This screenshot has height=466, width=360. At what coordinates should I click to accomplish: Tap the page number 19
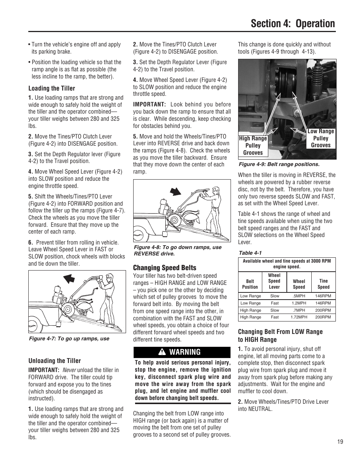(340, 442)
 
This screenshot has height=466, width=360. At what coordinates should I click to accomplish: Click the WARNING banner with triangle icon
(182, 352)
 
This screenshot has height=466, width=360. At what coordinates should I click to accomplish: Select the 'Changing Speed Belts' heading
(165, 268)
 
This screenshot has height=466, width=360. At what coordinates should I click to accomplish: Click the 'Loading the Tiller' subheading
(52, 88)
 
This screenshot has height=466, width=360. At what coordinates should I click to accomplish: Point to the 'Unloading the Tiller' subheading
(54, 361)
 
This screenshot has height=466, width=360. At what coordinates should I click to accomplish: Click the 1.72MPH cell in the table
(299, 317)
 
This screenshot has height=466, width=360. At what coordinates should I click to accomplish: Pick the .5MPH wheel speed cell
(299, 296)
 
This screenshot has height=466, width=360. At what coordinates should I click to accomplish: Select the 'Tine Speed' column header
(323, 284)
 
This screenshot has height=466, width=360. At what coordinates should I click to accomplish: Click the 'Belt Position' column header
(250, 284)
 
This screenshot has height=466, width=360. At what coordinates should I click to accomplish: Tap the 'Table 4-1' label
(250, 253)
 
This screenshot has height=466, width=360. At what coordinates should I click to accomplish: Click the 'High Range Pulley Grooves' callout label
(253, 146)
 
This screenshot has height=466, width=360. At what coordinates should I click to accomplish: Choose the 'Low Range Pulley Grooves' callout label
(320, 138)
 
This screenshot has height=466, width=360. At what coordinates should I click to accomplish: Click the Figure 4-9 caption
(279, 165)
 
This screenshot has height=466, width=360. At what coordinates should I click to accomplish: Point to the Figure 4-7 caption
(69, 338)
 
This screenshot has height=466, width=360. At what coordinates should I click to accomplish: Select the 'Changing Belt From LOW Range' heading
(280, 335)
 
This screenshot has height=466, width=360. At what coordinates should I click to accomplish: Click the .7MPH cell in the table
(299, 310)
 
